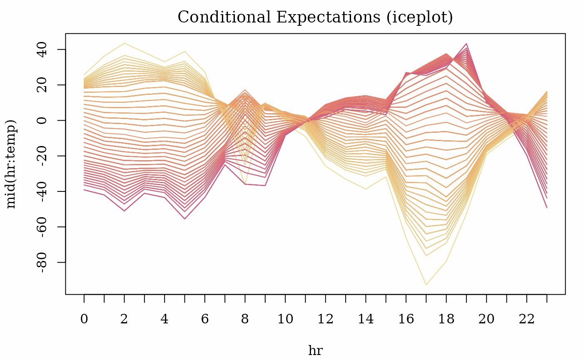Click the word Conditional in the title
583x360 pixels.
pos(224,17)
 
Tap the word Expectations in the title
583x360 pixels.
pos(328,17)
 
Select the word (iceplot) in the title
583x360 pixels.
pos(420,17)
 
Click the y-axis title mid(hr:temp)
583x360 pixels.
pos(11,164)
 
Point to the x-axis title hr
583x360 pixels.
pos(316,350)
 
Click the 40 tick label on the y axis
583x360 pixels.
pos(42,50)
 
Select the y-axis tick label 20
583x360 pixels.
pos(42,85)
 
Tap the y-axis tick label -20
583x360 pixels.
pos(42,156)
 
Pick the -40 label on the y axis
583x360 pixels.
pos(42,191)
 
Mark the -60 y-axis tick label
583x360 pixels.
pos(42,227)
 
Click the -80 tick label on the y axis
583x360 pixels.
pos(42,263)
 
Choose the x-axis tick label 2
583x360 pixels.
pos(124,319)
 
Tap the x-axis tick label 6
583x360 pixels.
pos(205,319)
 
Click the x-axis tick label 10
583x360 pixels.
pos(285,319)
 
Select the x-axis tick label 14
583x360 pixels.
pos(366,319)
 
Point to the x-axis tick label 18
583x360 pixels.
pos(446,319)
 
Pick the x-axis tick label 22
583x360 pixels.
pos(527,319)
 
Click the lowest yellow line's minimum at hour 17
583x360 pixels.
pos(426,285)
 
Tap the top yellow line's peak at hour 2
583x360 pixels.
pos(125,43)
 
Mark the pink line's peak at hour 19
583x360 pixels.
pos(466,44)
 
